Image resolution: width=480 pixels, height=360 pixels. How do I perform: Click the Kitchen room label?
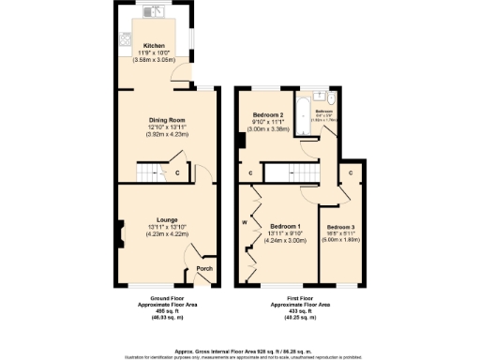(153, 45)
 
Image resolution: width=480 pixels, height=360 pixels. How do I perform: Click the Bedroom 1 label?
(284, 226)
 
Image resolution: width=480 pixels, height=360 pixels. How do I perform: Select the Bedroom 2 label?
(268, 114)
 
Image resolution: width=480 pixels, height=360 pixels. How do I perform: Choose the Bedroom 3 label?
(340, 227)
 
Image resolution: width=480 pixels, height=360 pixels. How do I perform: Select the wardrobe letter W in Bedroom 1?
(243, 222)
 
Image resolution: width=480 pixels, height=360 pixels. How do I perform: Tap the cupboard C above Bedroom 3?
(351, 172)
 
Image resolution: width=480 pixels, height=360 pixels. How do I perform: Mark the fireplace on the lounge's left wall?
(122, 229)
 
